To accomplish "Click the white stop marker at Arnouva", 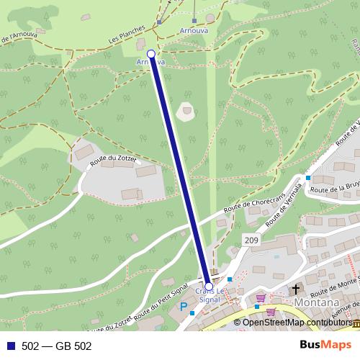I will [x=151, y=54].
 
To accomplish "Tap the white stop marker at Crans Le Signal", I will [x=209, y=286].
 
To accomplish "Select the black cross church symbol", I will [x=294, y=290].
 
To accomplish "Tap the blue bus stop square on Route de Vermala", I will [x=308, y=178].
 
